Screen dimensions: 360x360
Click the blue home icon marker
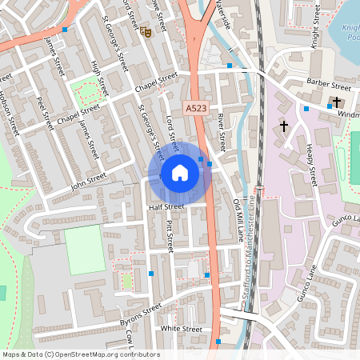pos(180,173)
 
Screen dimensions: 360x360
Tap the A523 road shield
pos(194,108)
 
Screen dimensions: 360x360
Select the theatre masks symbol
pos(146,32)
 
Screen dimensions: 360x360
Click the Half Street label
pos(166,206)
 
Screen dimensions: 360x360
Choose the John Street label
pos(89,182)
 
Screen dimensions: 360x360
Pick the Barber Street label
pos(328,85)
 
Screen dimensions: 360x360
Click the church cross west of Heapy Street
pos(283,126)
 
